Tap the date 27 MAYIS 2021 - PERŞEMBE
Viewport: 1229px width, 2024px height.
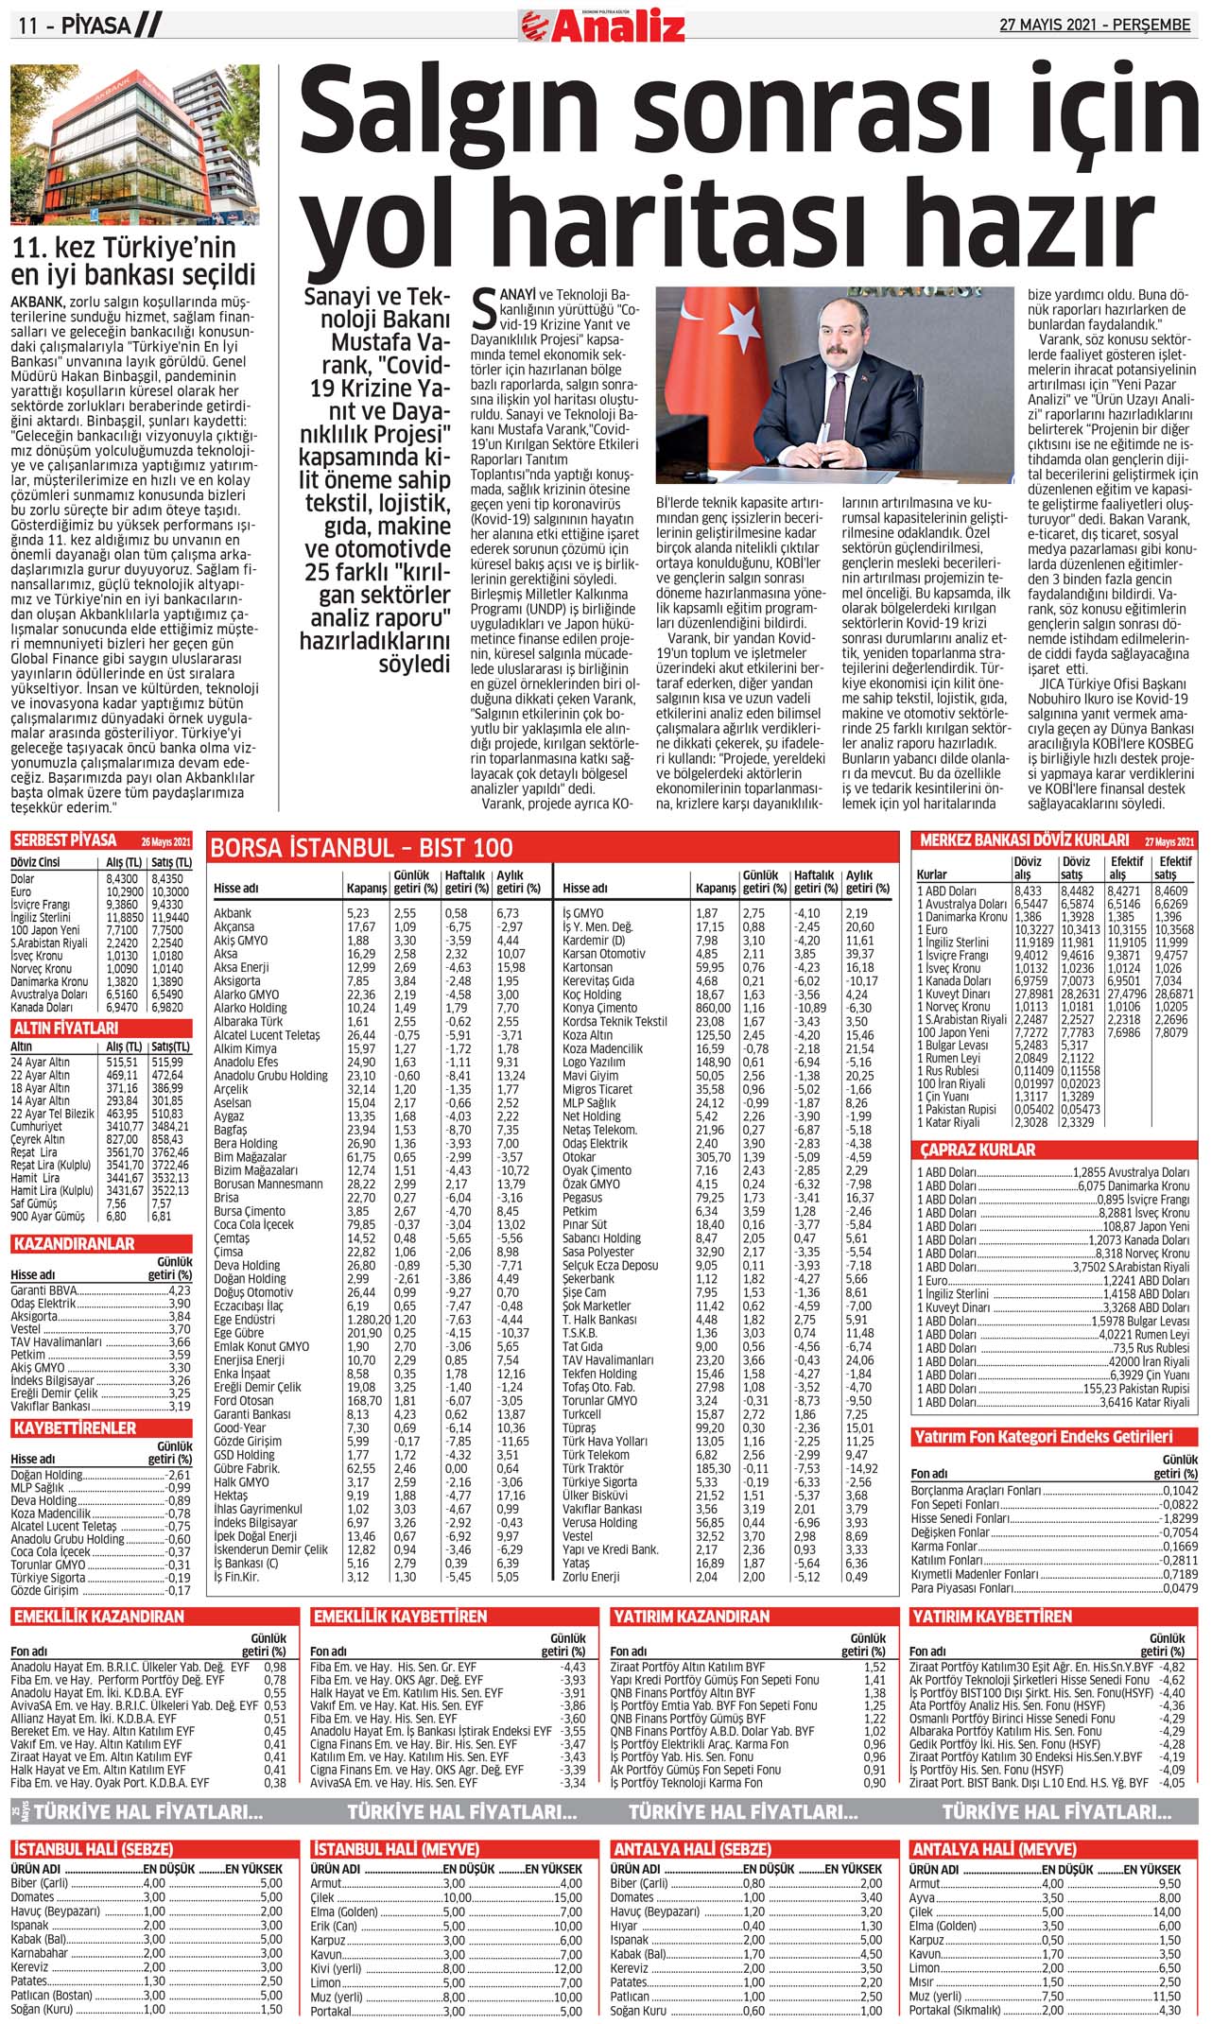(1095, 26)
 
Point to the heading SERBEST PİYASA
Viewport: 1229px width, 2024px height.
(65, 840)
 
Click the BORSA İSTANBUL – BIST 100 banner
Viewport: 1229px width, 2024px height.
(362, 847)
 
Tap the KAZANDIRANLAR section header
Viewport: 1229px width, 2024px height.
(74, 1244)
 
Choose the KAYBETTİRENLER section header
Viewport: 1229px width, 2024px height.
(75, 1427)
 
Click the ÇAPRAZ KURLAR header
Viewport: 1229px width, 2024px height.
(978, 1150)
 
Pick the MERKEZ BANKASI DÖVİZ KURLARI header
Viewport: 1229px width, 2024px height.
(1024, 839)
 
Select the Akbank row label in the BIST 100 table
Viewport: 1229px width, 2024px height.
(233, 913)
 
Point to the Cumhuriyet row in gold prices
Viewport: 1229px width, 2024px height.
(39, 1127)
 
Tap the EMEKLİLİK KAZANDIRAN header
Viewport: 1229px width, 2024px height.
(99, 1617)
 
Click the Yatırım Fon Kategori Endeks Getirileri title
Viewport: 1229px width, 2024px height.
(1043, 1437)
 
